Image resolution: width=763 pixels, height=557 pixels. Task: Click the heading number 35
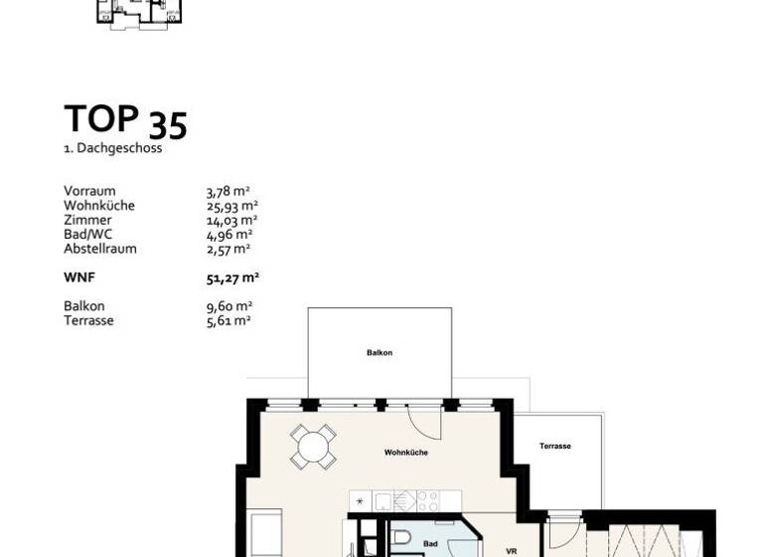[x=168, y=125]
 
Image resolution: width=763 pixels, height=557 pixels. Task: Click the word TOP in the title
[x=101, y=118]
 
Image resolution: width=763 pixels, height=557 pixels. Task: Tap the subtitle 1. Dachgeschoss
[x=112, y=149]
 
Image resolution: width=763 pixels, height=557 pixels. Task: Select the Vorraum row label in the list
[x=89, y=191]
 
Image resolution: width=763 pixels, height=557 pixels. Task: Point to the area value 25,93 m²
[x=231, y=206]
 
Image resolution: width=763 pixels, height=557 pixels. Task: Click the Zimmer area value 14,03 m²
[x=231, y=220]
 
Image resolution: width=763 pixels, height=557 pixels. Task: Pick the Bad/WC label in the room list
[x=87, y=235]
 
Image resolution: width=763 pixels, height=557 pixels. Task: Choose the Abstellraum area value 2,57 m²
[x=229, y=249]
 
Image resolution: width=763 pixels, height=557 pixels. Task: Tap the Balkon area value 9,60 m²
[x=229, y=306]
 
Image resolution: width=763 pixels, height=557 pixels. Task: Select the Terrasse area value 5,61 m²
[x=228, y=320]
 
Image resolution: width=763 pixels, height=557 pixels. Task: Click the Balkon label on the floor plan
[x=380, y=353]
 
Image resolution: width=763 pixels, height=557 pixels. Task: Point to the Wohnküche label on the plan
[x=406, y=453]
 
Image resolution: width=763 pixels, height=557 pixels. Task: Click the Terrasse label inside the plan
[x=555, y=447]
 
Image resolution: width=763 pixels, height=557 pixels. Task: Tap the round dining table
[x=313, y=447]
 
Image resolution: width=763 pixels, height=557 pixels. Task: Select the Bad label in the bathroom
[x=430, y=544]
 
